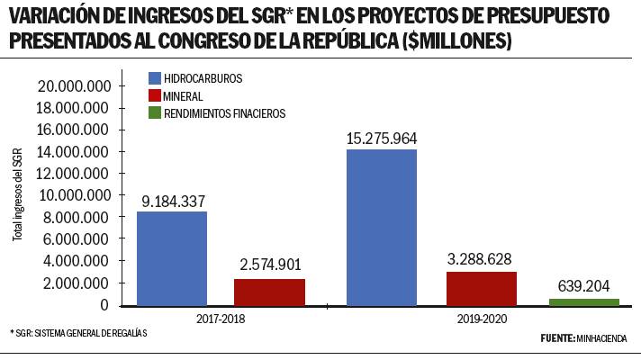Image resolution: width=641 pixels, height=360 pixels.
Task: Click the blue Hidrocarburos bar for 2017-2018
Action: click(171, 258)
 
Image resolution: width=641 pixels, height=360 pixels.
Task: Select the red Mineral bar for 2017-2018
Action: click(269, 292)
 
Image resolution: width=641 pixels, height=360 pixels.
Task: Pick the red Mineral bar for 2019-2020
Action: click(481, 288)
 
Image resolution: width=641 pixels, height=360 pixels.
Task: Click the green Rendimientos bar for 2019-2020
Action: click(584, 301)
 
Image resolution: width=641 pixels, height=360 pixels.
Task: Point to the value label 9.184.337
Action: click(172, 200)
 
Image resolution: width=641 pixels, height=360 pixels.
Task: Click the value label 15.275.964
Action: click(382, 138)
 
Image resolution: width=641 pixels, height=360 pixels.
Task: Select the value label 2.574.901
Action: click(270, 265)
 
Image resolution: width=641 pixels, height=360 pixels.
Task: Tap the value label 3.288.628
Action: click(482, 259)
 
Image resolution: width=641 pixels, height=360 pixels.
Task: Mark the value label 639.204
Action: click(584, 285)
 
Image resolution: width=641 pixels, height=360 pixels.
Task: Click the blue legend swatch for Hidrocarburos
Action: click(154, 78)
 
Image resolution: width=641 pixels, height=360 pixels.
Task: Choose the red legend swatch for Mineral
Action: click(154, 95)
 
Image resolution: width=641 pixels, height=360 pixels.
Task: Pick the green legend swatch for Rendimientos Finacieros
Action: click(154, 113)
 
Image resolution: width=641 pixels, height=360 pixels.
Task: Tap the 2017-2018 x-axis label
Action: click(221, 319)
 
